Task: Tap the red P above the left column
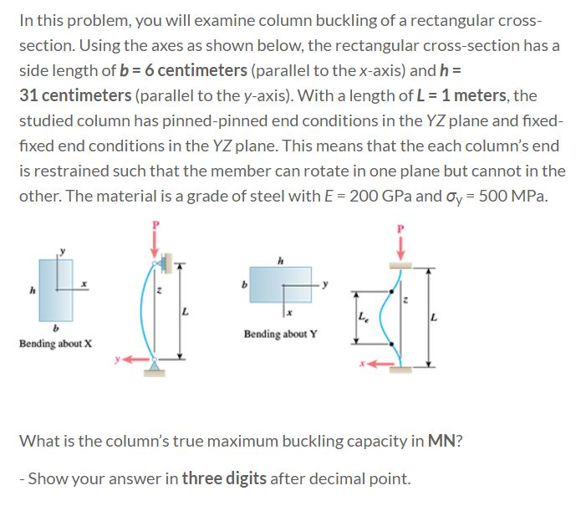point(154,225)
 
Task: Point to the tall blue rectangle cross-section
point(56,289)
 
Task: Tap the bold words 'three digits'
point(222,479)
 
